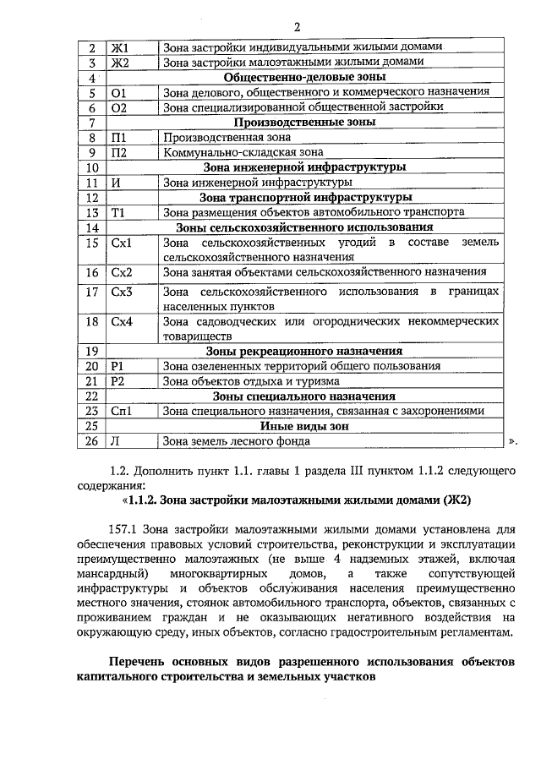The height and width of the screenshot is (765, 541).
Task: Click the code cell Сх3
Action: tap(122, 292)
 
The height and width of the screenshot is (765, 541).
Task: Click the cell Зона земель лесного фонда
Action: tap(236, 440)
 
